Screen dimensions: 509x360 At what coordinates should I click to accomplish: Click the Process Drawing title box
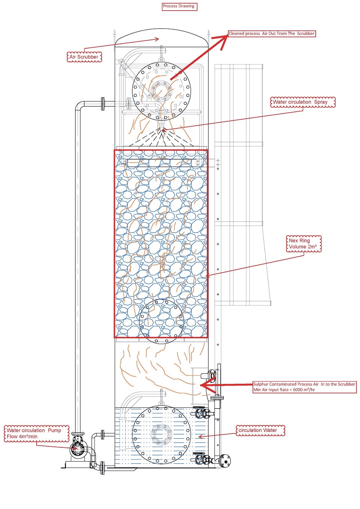179,6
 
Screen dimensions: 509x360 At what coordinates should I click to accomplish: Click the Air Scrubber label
84,57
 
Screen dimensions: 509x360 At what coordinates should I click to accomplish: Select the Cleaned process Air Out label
272,34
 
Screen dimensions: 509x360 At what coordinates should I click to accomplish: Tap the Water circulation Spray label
302,102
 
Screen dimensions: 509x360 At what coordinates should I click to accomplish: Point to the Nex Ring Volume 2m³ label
303,244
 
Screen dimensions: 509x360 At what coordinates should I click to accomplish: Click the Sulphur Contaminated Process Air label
304,384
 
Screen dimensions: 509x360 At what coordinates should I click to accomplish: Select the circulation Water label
260,430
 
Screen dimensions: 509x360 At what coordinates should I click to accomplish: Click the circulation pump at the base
77,449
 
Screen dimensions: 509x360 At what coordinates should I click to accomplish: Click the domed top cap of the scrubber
161,37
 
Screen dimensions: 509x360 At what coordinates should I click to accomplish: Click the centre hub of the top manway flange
161,91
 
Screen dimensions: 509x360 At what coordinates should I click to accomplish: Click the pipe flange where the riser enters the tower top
103,104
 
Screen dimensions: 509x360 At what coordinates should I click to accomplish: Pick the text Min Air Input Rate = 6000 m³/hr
284,390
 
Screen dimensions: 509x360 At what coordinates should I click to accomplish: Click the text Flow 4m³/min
22,437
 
